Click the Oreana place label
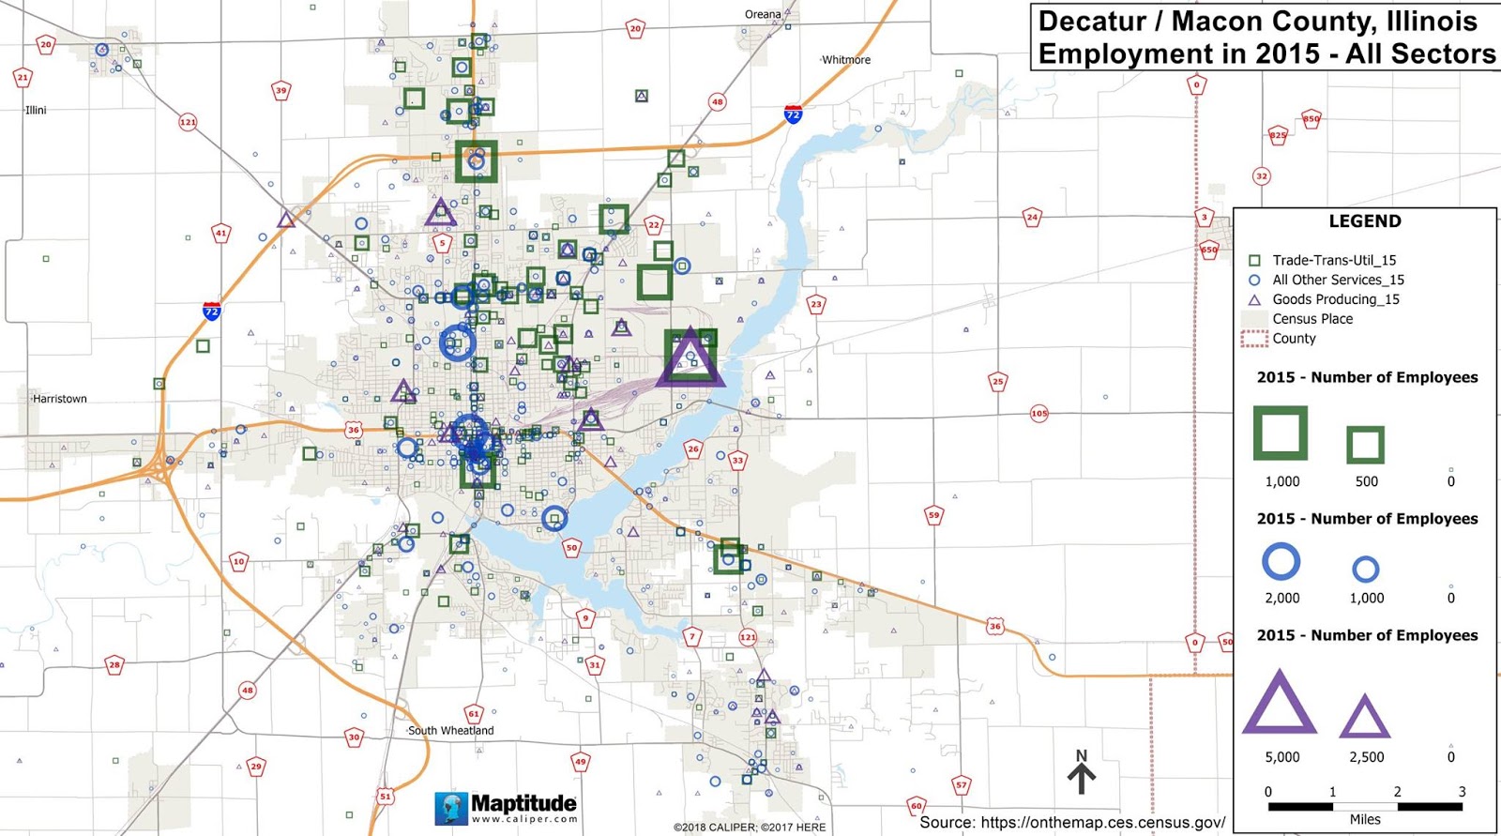(762, 14)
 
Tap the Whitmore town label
(845, 60)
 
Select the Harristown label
(59, 399)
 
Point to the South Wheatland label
(450, 731)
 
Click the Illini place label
(36, 110)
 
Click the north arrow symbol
(1081, 771)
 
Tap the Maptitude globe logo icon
(451, 808)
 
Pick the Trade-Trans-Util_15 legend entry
(1333, 260)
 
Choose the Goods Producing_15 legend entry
(1335, 299)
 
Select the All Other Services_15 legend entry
(1337, 280)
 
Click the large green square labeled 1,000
(1281, 433)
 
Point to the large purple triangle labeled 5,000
(1280, 704)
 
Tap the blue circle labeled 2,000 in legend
(1281, 561)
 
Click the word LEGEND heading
(1364, 221)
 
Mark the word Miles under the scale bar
(1364, 819)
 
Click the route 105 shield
(1039, 413)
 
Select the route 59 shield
(933, 515)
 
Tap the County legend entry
(1294, 339)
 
